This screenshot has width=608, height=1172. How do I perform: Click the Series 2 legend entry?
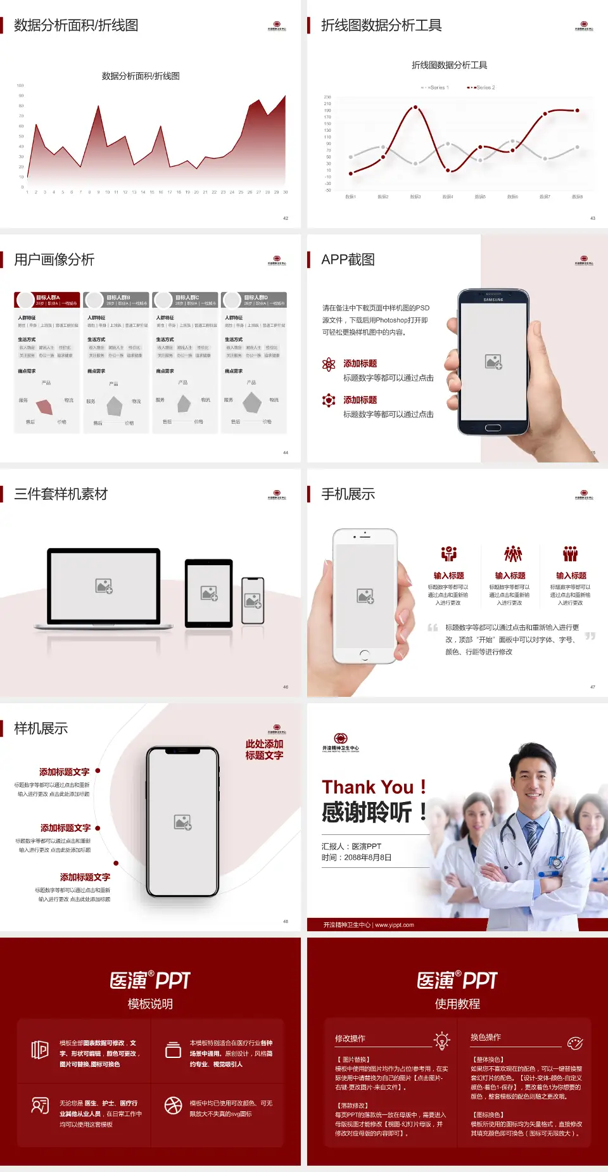pyautogui.click(x=481, y=87)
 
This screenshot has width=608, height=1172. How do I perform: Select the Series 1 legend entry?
pyautogui.click(x=435, y=87)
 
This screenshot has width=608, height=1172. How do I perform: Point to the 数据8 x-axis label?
pyautogui.click(x=577, y=197)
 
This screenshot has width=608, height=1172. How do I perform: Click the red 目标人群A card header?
pyautogui.click(x=47, y=300)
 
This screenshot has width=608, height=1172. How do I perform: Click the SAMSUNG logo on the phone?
pyautogui.click(x=493, y=300)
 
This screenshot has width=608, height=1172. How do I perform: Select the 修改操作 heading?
pyautogui.click(x=350, y=1038)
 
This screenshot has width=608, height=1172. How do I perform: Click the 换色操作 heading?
pyautogui.click(x=486, y=1037)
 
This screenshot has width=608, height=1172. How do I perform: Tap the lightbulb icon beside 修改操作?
pyautogui.click(x=441, y=1040)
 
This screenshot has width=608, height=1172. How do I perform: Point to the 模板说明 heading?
pyautogui.click(x=150, y=1003)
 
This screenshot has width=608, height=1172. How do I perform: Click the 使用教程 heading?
pyautogui.click(x=457, y=1003)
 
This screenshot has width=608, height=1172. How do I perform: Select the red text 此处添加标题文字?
pyautogui.click(x=264, y=749)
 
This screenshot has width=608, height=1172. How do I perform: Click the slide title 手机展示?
pyautogui.click(x=348, y=494)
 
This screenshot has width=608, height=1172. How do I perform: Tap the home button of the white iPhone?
pyautogui.click(x=365, y=654)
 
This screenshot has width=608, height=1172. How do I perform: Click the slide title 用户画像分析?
pyautogui.click(x=54, y=260)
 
